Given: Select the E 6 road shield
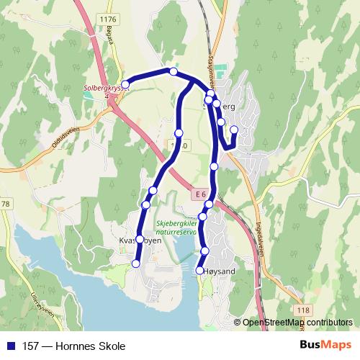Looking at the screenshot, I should tap(199, 195).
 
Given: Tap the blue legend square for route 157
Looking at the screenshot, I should tap(9, 346).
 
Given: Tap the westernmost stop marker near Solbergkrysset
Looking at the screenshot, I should tap(125, 85).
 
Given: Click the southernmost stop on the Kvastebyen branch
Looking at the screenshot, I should tap(136, 264).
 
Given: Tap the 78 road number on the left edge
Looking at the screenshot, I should tap(5, 204).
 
